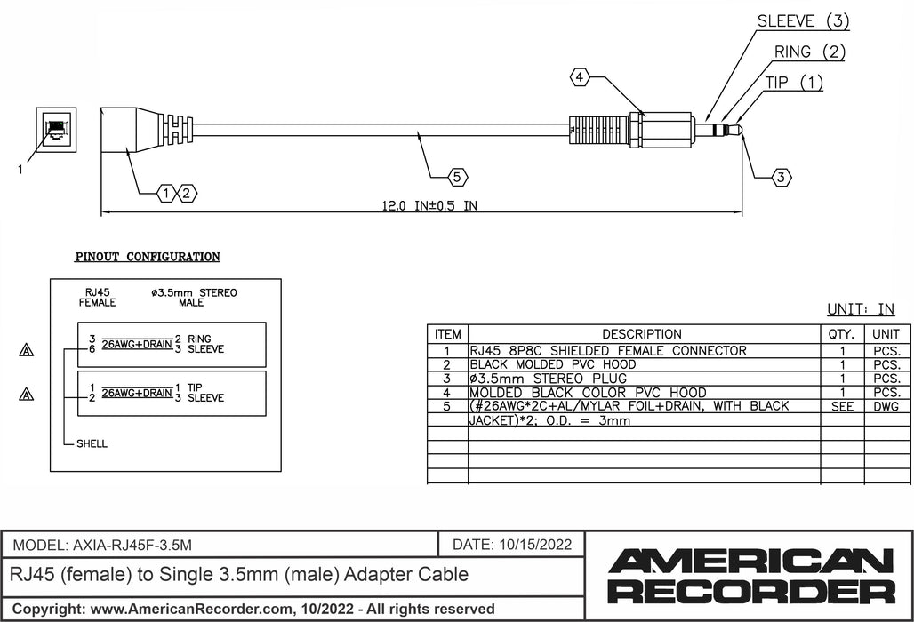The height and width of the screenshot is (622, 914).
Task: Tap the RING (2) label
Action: (809, 52)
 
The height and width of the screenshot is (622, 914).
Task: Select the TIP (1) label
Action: (794, 83)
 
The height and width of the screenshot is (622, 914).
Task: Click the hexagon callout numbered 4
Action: (580, 78)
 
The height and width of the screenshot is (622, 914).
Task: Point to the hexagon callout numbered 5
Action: (457, 178)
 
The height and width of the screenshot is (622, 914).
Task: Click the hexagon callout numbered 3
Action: (781, 178)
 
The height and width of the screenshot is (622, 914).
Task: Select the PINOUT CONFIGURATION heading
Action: (147, 257)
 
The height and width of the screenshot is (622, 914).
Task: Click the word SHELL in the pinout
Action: (91, 443)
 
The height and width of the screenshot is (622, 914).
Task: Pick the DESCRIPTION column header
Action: (641, 334)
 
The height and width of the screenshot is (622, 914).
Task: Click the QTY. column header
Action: (840, 334)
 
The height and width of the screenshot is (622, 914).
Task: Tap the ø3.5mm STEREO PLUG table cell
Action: (548, 379)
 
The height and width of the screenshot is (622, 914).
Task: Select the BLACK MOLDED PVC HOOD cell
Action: (552, 364)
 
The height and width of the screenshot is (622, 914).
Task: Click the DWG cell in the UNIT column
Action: (886, 406)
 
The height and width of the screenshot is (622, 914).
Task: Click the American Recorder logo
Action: (750, 575)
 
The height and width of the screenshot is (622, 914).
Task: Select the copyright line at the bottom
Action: (253, 609)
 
